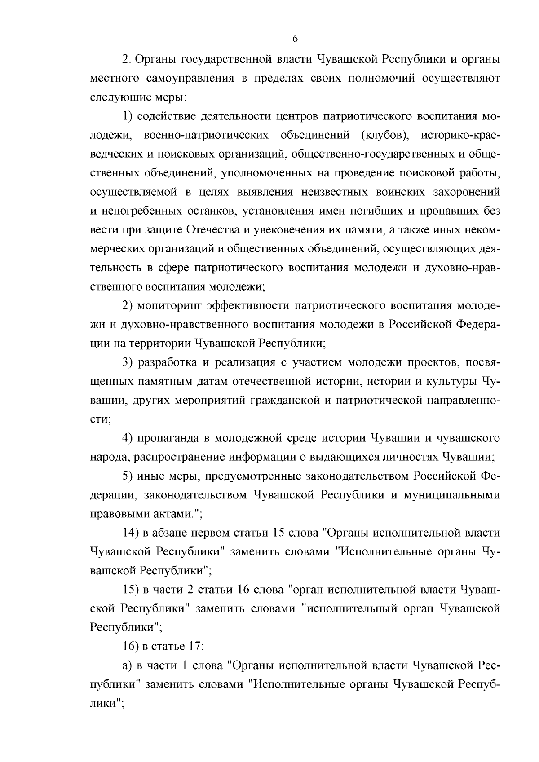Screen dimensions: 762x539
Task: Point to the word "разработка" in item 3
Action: [x=166, y=362]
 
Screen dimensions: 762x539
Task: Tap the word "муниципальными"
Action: [x=452, y=495]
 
